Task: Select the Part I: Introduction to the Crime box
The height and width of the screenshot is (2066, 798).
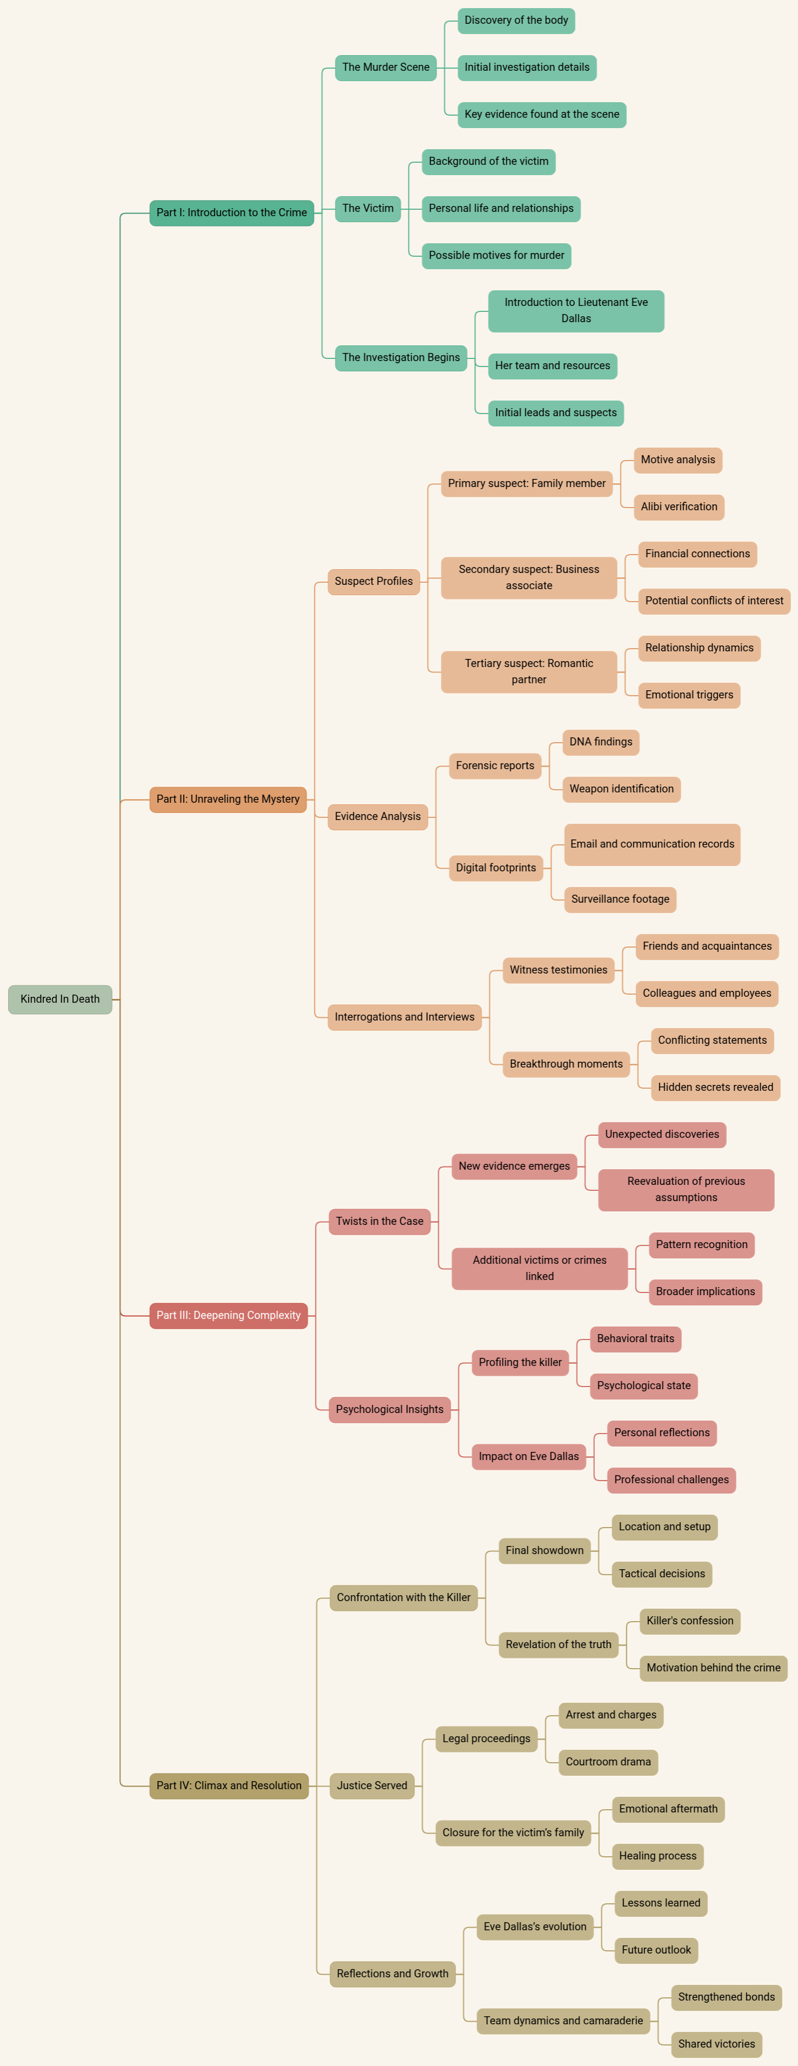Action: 231,212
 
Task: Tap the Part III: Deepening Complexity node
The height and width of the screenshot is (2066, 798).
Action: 228,1315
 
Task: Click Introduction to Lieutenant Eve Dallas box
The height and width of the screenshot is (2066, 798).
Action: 576,310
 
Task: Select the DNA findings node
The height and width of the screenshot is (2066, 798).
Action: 601,742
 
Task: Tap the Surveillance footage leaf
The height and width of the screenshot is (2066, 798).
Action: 620,899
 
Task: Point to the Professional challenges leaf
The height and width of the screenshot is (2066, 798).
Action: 671,1479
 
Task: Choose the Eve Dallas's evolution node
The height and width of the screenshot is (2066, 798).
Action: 535,1927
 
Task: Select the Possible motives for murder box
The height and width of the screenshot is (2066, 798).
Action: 497,255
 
